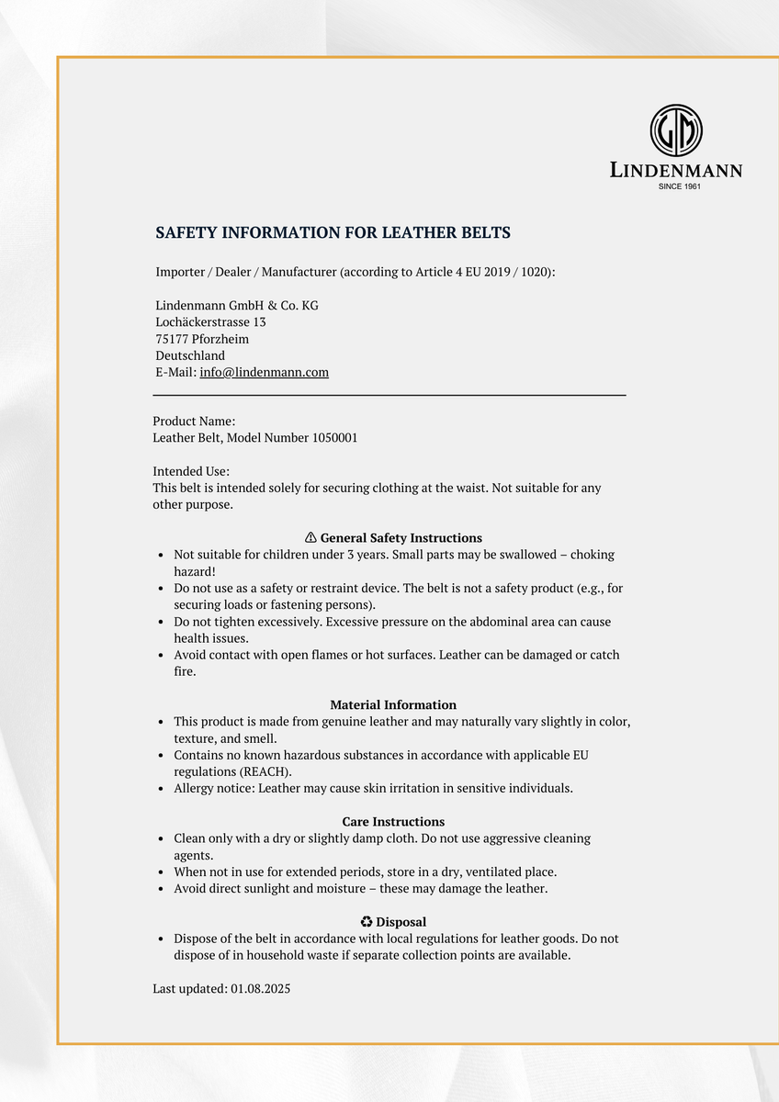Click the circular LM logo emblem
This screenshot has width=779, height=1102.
(x=676, y=129)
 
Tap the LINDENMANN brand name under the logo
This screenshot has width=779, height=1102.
(x=676, y=170)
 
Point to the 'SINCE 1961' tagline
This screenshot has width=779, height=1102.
(x=680, y=186)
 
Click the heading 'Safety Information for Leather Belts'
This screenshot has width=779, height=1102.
(x=333, y=233)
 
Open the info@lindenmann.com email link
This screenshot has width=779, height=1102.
(x=264, y=372)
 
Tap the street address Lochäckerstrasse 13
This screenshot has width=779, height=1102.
(x=210, y=322)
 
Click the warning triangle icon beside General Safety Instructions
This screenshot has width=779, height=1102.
(x=310, y=538)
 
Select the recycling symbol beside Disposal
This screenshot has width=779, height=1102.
(x=366, y=922)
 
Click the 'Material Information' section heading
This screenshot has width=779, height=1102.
(x=393, y=705)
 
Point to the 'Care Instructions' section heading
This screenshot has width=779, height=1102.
(x=393, y=822)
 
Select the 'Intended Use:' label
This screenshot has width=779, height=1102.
(x=191, y=471)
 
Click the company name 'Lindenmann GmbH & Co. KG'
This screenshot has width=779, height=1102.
(x=237, y=306)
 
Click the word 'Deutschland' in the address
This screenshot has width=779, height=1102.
(x=190, y=355)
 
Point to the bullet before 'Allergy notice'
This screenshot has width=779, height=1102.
(x=162, y=789)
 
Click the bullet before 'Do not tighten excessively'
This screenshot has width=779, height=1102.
(x=162, y=622)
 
